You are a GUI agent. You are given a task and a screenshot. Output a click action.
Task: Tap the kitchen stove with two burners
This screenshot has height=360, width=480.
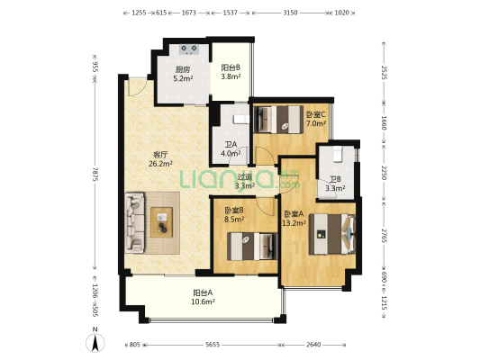coord(189,49)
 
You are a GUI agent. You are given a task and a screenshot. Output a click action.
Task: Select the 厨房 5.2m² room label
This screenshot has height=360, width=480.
coord(183,74)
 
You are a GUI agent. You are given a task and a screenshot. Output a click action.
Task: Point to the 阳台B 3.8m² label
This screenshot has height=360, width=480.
coord(231,72)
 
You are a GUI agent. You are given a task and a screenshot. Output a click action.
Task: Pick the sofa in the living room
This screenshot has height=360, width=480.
coord(134,222)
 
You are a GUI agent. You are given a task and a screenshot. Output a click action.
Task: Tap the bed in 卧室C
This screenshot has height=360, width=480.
coord(278,120)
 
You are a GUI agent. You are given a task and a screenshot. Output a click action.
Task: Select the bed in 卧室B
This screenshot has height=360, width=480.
coord(252,247)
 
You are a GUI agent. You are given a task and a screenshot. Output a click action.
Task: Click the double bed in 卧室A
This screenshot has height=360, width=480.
coord(332,234)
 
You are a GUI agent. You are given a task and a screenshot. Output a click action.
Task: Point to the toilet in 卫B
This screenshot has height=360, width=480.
coord(337,153)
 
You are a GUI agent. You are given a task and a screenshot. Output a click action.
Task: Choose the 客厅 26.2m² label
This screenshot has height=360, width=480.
coord(160,159)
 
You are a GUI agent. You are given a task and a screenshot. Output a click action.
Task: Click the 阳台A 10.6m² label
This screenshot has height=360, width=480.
coord(204,297)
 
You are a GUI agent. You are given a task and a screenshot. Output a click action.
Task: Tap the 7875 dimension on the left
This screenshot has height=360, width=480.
coord(95,174)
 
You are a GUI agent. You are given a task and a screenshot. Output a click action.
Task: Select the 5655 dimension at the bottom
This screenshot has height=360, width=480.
coord(213,345)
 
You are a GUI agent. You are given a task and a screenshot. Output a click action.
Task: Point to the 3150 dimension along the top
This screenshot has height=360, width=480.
coord(290,13)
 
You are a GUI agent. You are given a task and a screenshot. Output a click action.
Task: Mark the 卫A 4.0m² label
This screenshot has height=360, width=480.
coord(231,148)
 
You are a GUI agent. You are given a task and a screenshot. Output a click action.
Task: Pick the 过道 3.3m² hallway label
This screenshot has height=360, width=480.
coord(245,182)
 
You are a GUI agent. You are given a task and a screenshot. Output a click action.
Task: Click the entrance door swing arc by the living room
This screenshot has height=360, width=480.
coord(138,89)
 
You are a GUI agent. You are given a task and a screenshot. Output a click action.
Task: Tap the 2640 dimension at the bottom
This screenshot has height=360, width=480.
coord(313,345)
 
